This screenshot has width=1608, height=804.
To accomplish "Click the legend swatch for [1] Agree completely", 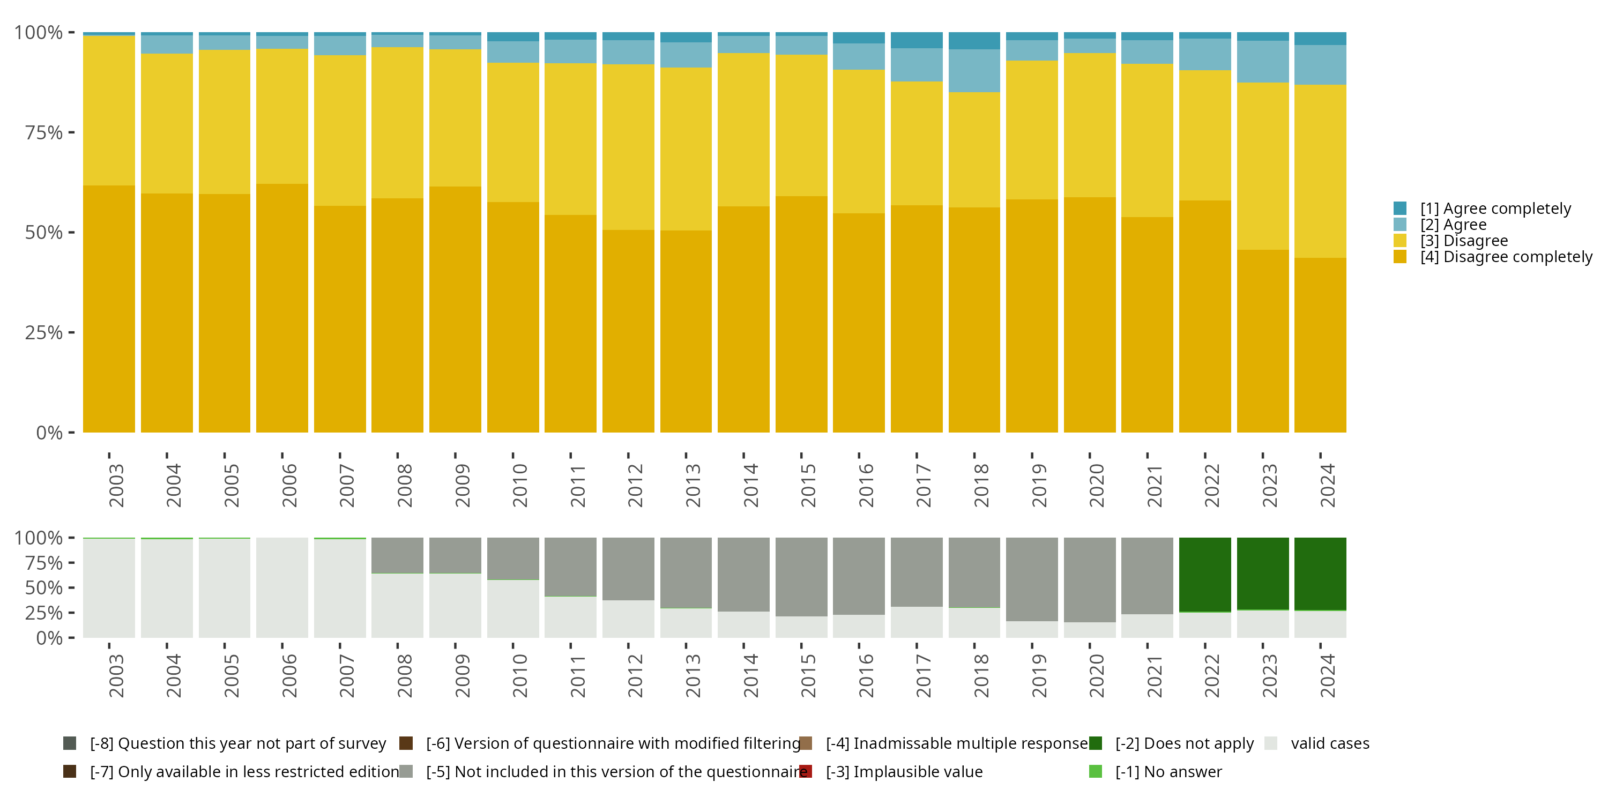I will coord(1399,209).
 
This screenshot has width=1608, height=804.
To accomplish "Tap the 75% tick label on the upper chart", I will coord(44,132).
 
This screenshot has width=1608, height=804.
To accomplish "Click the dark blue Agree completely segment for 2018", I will coord(974,41).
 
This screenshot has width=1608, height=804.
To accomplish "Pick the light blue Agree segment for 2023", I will coord(1262,61).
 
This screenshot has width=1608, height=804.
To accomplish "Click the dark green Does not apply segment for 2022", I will coord(1205,574).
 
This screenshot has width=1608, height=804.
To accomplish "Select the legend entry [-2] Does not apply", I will coord(1184,743).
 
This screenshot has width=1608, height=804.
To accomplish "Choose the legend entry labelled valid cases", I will coord(1330,743).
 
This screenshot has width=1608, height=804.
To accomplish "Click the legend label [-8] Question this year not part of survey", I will coord(238,743).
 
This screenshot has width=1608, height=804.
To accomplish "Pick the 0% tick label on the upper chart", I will coord(49,433).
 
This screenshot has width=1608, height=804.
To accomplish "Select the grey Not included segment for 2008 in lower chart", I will coord(397,555).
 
